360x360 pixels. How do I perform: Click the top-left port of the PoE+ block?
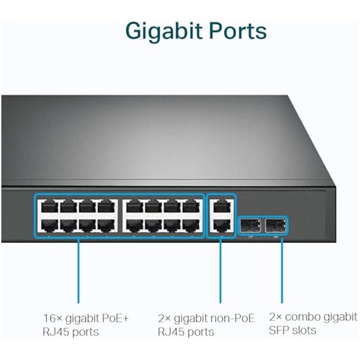(x=48, y=208)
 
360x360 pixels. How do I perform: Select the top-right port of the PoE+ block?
(x=192, y=208)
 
